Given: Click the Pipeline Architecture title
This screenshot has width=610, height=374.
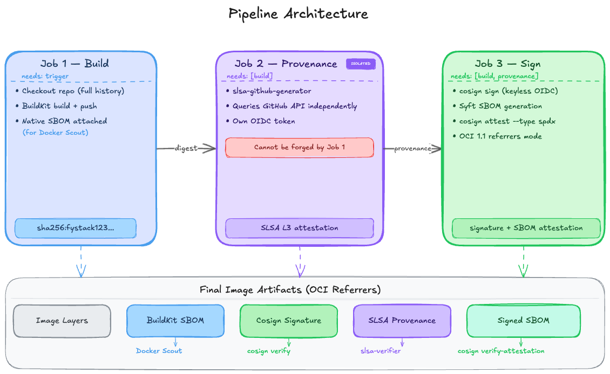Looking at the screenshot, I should click(x=298, y=13).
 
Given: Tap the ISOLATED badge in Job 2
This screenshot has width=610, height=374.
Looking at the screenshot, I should click(x=361, y=64).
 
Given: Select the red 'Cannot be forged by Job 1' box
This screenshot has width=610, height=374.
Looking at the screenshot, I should click(x=299, y=147).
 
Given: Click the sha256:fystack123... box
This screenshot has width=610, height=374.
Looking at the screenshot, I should click(x=76, y=228).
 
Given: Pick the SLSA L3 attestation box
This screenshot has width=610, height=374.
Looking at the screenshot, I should click(x=299, y=228).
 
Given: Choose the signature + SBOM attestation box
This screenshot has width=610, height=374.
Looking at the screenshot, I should click(x=526, y=228).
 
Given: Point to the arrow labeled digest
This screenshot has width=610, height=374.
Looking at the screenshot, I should click(x=186, y=149).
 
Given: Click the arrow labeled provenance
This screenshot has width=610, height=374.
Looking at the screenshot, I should click(x=412, y=149).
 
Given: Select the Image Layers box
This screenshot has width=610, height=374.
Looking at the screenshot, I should click(x=62, y=321).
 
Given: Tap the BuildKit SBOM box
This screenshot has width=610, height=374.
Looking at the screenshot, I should click(x=175, y=321).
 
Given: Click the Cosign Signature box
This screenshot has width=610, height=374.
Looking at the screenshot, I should click(x=288, y=321).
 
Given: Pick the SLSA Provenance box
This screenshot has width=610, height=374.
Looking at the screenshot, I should click(x=402, y=321).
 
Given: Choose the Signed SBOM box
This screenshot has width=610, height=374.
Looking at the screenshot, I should click(x=523, y=321).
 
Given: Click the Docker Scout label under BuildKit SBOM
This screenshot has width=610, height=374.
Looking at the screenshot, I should click(x=159, y=351).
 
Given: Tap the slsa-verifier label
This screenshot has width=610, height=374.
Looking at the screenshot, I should click(x=381, y=351).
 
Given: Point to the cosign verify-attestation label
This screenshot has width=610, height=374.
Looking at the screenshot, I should click(x=501, y=351).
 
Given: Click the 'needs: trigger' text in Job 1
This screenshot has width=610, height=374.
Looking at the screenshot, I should click(x=45, y=77).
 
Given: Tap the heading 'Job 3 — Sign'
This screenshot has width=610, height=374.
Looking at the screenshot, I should click(x=507, y=64).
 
